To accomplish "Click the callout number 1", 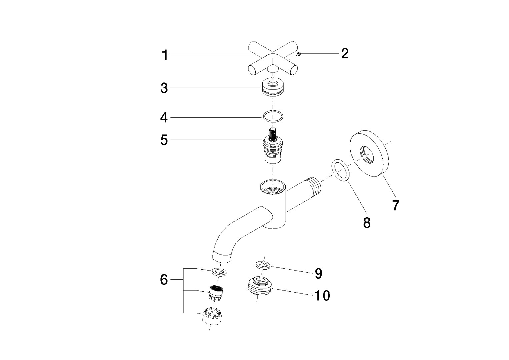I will click(165, 55).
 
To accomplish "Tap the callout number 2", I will click(345, 53).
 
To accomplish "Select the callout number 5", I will click(164, 140).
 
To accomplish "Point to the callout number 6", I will click(164, 280).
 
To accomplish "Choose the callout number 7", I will click(395, 205).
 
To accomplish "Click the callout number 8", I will click(367, 223).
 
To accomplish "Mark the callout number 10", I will click(322, 295).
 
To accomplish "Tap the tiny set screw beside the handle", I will click(299, 54).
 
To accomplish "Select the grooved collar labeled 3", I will click(273, 87).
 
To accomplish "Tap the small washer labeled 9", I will click(263, 265).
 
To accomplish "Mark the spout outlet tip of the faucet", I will click(221, 257).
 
